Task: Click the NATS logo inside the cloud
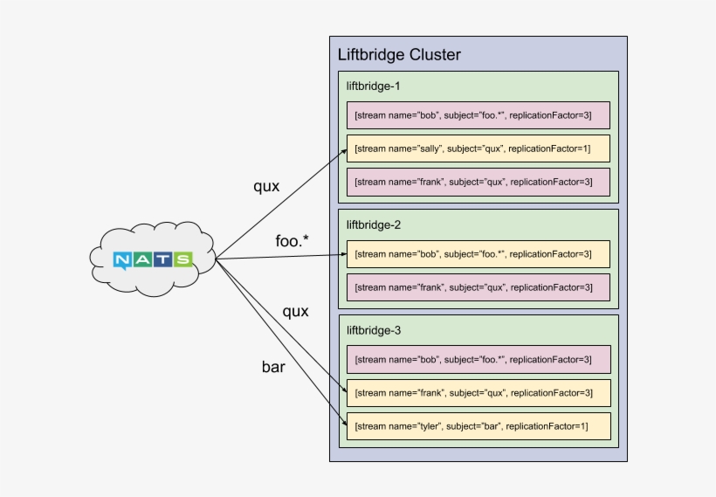pos(152,259)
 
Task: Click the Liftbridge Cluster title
pos(399,55)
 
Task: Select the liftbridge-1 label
pos(374,86)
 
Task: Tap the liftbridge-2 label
pos(374,224)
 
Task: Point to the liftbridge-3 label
pos(374,331)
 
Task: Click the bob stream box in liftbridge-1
pos(478,115)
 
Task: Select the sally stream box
pos(478,148)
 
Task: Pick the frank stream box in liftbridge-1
pos(478,182)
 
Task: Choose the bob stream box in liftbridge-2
pos(478,254)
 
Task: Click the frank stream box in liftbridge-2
pos(478,287)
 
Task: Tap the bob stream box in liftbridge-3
pos(478,359)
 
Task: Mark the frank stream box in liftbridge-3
pos(478,392)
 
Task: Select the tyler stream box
pos(478,426)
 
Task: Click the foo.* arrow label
pos(293,241)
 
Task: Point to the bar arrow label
pos(273,367)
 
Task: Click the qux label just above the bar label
pos(295,311)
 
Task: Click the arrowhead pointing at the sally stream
pos(342,153)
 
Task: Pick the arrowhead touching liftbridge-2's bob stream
pos(342,254)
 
